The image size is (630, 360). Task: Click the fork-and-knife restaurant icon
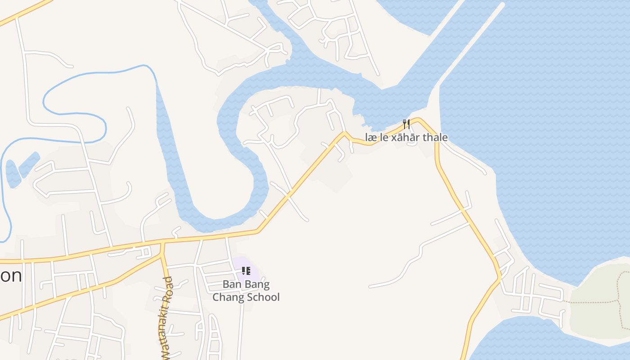[406, 124]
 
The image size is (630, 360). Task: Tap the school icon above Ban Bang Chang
[246, 271]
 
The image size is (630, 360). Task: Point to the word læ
[371, 138]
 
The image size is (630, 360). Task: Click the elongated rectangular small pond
[29, 164]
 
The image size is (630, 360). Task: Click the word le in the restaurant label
[384, 138]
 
